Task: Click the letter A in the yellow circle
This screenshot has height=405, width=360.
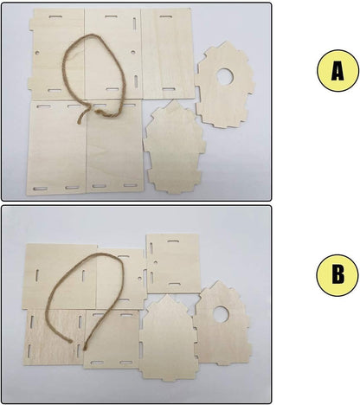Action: coord(337,71)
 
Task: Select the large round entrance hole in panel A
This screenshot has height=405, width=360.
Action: coord(225,76)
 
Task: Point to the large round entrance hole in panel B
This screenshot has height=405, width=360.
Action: coord(221,314)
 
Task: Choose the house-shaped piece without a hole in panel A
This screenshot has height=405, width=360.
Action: coord(175,147)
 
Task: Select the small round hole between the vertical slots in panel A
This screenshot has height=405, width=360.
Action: coord(133,52)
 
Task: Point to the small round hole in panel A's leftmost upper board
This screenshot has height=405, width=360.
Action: coord(37,53)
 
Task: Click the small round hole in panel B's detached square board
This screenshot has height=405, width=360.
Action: coord(156,262)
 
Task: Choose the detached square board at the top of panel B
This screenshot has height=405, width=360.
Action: coord(172,263)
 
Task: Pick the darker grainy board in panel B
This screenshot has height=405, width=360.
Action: coord(55,337)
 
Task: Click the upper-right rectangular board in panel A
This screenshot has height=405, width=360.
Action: coord(167,54)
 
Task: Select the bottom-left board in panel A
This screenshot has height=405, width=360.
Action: coord(56,147)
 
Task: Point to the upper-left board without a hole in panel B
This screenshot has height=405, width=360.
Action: coord(59,276)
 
